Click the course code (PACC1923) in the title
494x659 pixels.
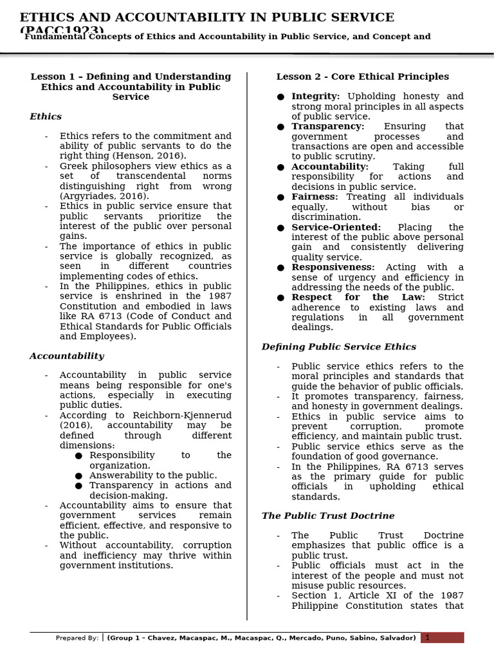coord(62,31)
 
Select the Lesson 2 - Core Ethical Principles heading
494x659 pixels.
coord(363,77)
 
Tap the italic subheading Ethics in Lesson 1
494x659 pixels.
coord(46,116)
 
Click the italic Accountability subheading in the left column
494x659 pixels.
coord(66,356)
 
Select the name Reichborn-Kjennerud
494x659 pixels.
coord(183,416)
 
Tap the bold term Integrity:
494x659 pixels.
coord(315,97)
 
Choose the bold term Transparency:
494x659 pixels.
coord(327,127)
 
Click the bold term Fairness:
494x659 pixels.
coord(315,197)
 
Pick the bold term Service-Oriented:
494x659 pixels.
coord(336,227)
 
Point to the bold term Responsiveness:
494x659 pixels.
coord(333,267)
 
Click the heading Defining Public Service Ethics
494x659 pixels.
coord(338,347)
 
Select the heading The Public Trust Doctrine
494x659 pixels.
coord(328,516)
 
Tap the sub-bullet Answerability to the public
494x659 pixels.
coord(152,476)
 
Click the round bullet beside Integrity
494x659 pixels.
coord(280,97)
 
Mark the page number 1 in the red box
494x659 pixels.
coord(428,638)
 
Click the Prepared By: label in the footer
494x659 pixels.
coord(77,638)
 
